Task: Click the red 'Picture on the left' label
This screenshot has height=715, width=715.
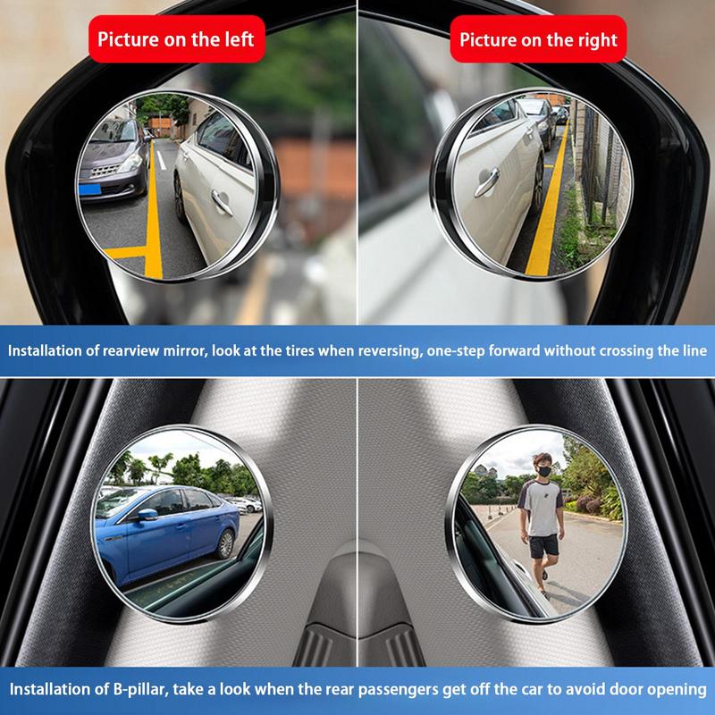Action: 176,39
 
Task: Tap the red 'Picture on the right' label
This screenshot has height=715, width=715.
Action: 538,39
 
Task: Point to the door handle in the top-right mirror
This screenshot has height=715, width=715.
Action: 485,184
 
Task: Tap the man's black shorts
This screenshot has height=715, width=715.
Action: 541,546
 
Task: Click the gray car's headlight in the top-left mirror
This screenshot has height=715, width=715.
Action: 130,166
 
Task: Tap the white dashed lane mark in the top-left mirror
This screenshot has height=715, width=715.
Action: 162,162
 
